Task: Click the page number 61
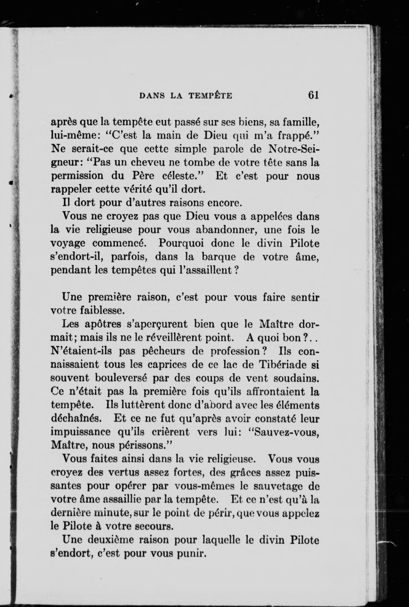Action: tap(314, 95)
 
